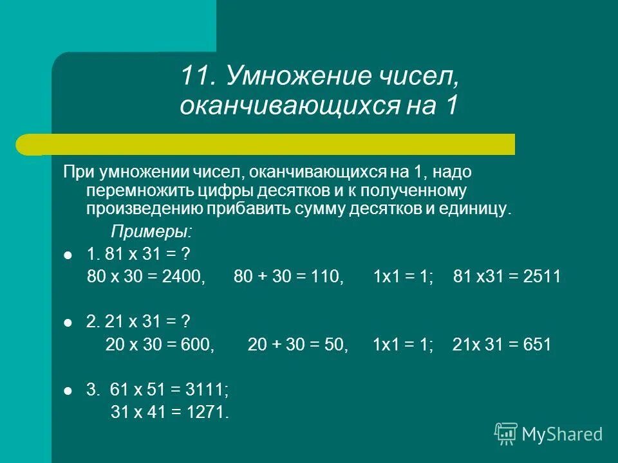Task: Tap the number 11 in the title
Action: pyautogui.click(x=198, y=78)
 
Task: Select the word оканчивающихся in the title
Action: pyautogui.click(x=279, y=105)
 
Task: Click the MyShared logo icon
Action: pyautogui.click(x=506, y=433)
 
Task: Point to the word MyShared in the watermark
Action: pyautogui.click(x=563, y=435)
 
